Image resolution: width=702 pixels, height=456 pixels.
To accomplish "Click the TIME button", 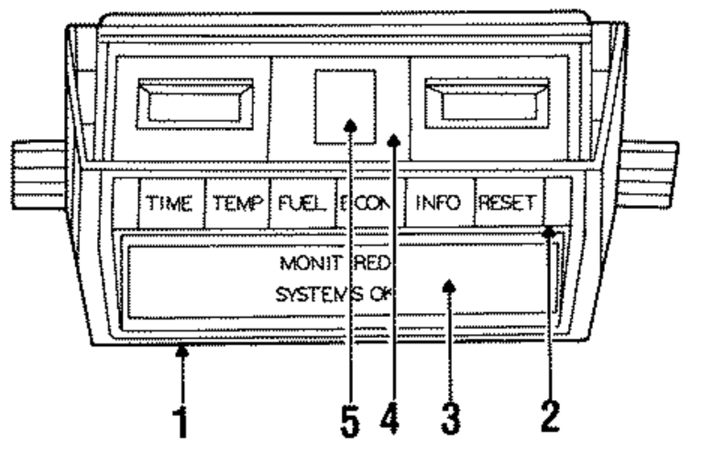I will [x=169, y=204].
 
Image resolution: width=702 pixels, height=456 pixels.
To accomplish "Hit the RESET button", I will [x=508, y=204].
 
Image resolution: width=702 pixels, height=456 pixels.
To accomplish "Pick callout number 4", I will [x=391, y=420].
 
